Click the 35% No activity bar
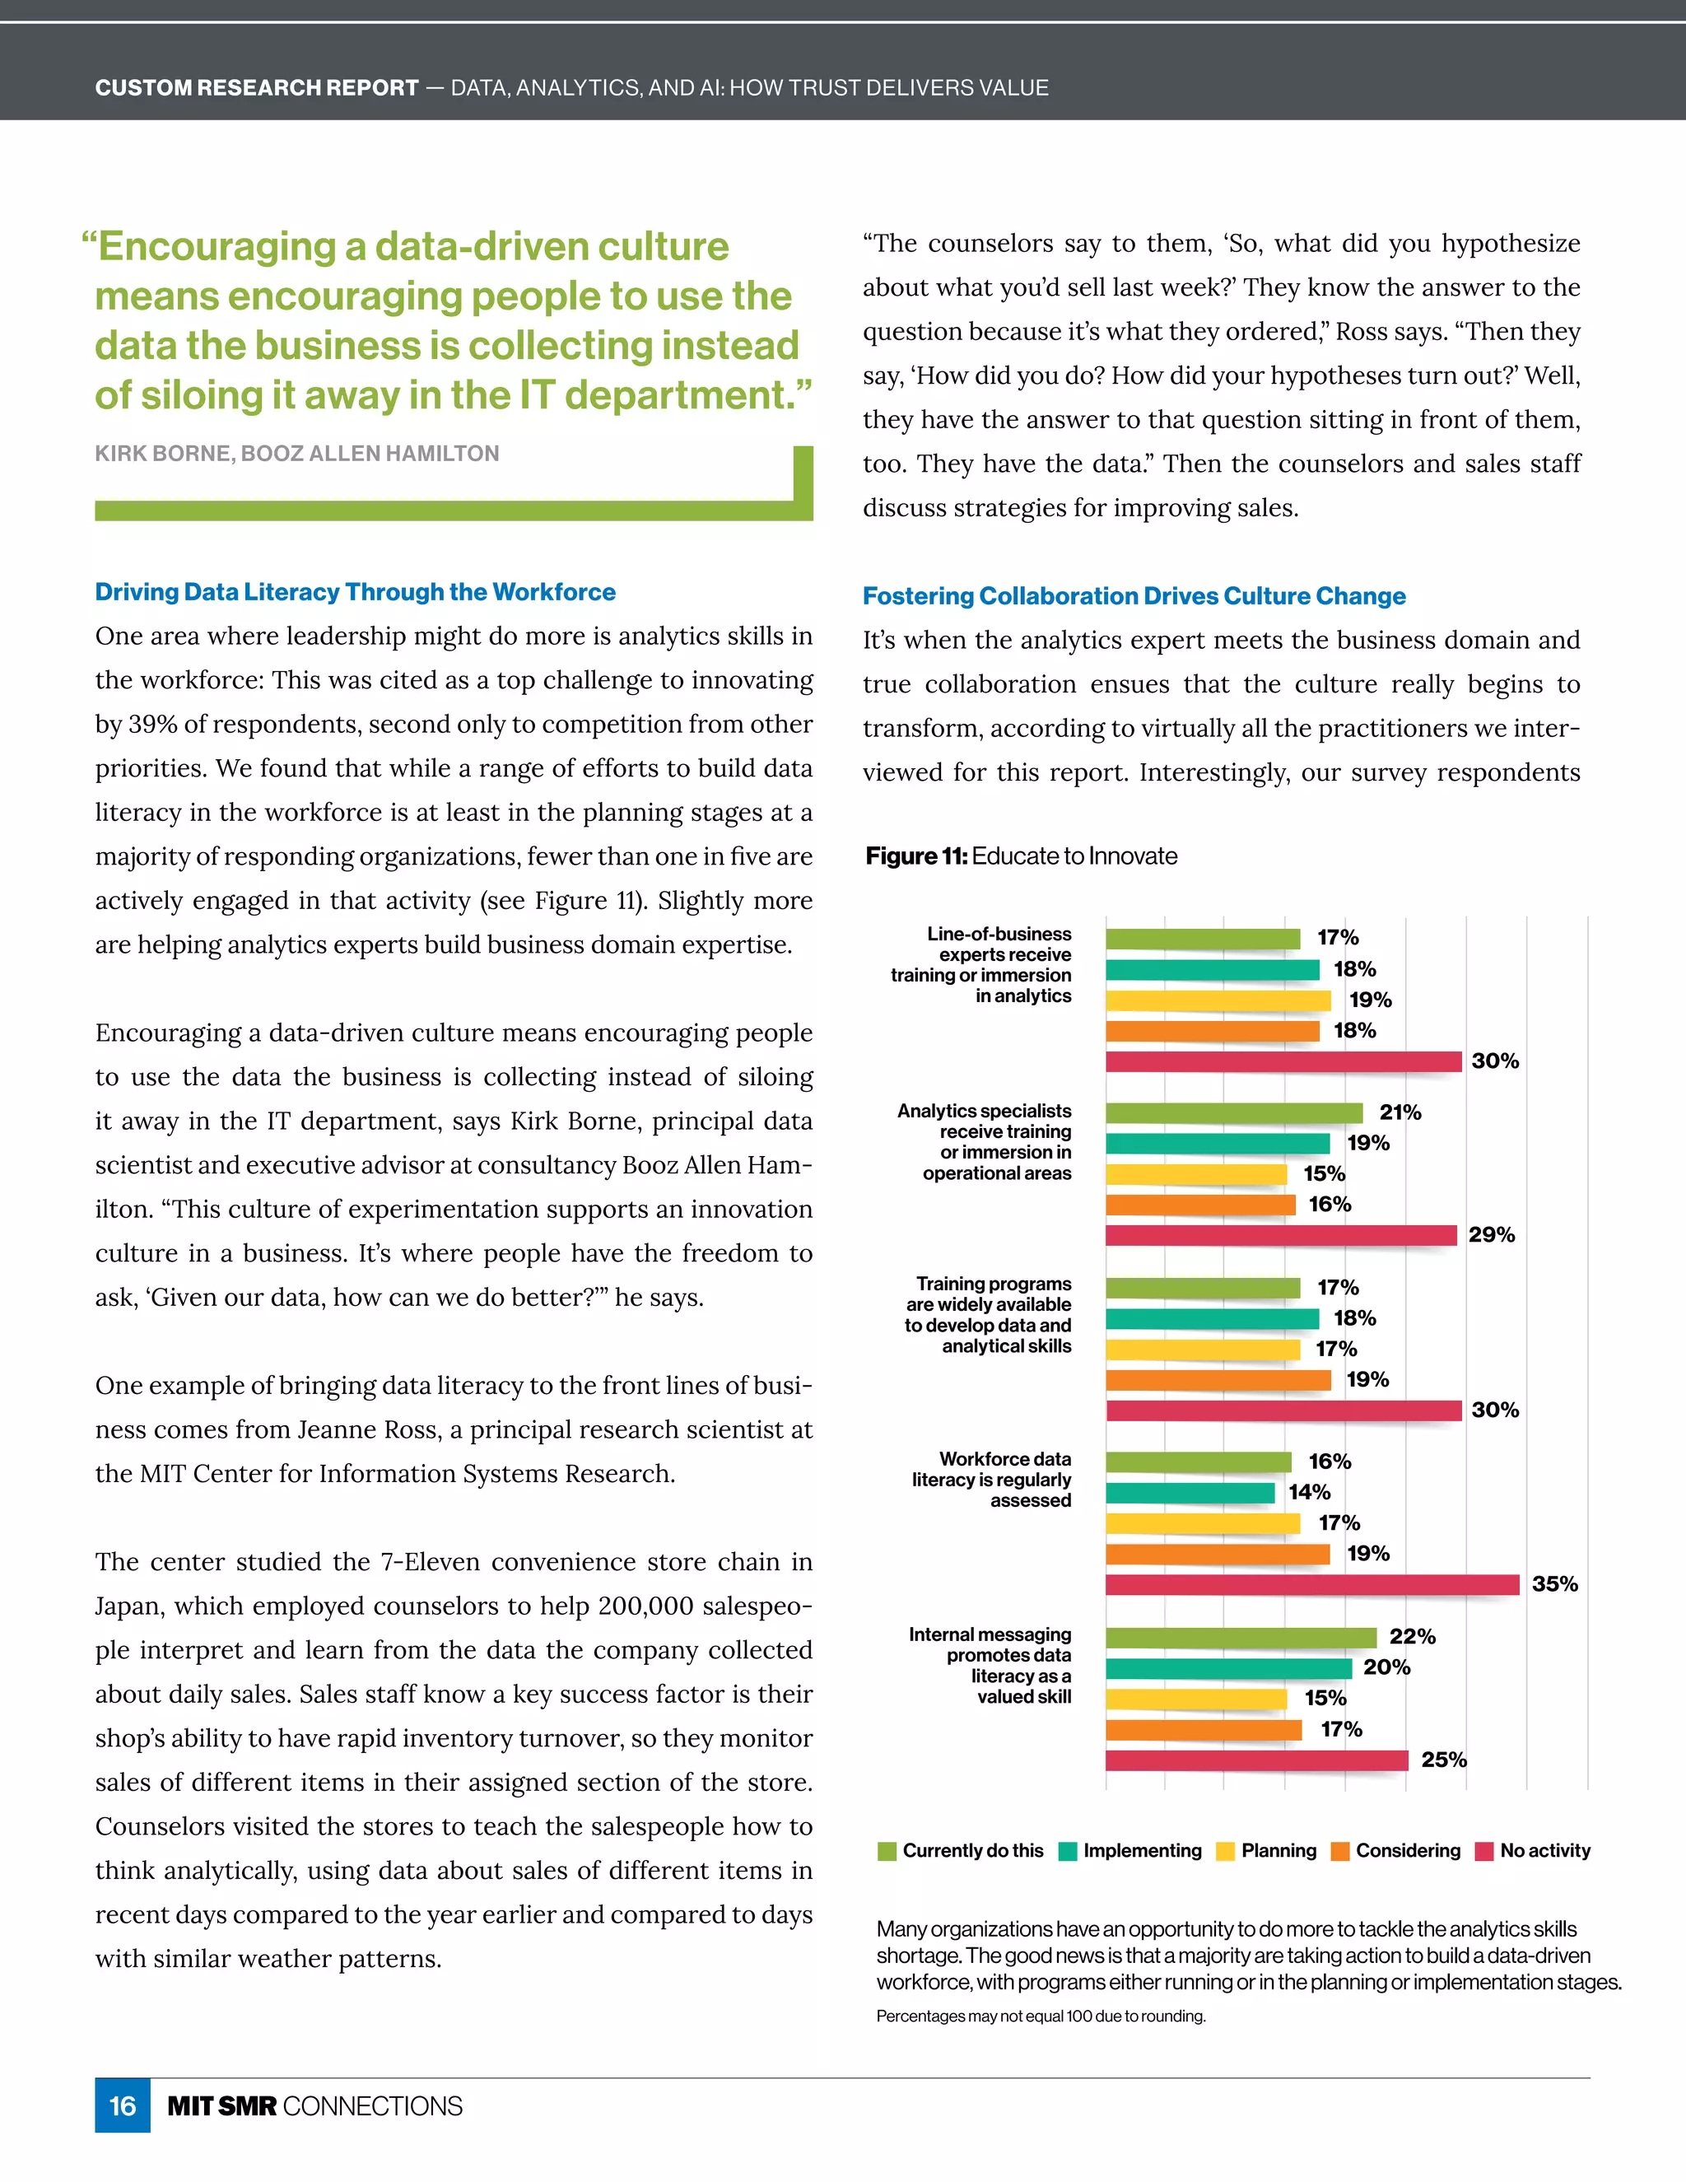[x=1311, y=1584]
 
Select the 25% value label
[x=1443, y=1760]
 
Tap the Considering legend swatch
[x=1339, y=1851]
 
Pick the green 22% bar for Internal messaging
[x=1241, y=1637]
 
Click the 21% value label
[x=1400, y=1112]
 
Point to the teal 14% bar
[x=1190, y=1493]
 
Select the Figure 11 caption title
[x=1021, y=856]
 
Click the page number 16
[x=122, y=2105]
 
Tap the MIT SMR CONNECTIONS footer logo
[x=314, y=2105]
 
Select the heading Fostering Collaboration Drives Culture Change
[x=1134, y=595]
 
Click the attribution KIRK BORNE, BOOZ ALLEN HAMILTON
[x=296, y=454]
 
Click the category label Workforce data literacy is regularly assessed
[x=991, y=1480]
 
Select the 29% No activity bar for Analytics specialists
[x=1280, y=1235]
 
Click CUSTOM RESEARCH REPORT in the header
[x=257, y=88]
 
